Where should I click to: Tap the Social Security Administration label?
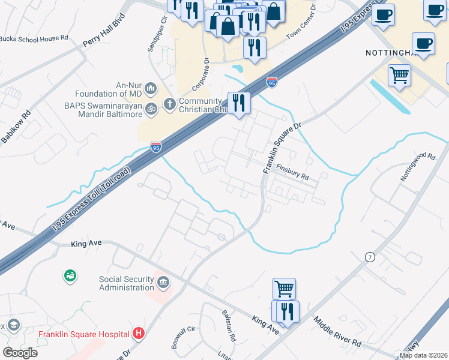pyautogui.click(x=127, y=283)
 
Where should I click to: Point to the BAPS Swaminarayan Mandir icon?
pyautogui.click(x=152, y=108)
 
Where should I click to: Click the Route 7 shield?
pyautogui.click(x=370, y=257)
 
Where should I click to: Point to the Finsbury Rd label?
pyautogui.click(x=292, y=173)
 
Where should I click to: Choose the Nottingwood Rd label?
pyautogui.click(x=418, y=167)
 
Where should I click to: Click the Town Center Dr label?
pyautogui.click(x=302, y=25)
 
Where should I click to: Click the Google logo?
pyautogui.click(x=20, y=353)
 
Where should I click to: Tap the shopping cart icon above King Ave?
pyautogui.click(x=284, y=288)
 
